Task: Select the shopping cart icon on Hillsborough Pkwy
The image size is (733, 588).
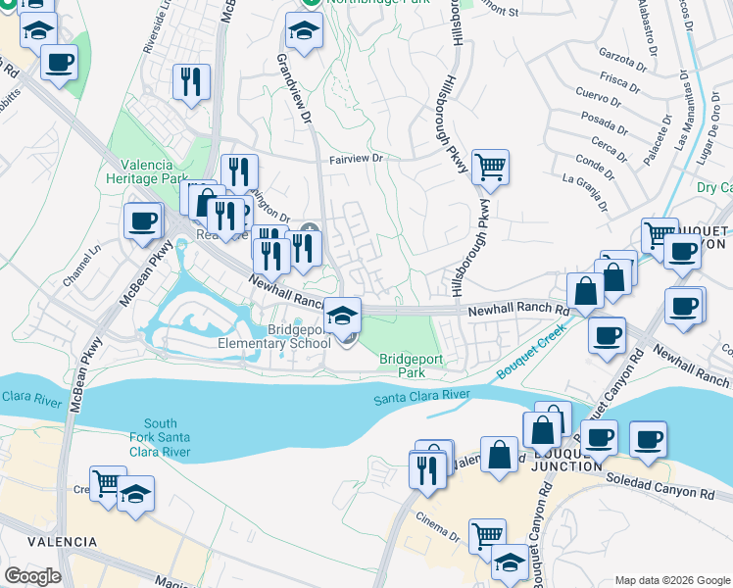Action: click(x=490, y=167)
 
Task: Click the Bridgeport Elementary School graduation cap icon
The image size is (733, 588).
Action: click(x=341, y=315)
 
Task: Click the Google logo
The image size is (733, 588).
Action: click(x=31, y=576)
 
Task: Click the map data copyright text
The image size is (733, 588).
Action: click(x=670, y=580)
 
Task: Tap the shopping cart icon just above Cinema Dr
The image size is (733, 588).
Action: click(x=486, y=535)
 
